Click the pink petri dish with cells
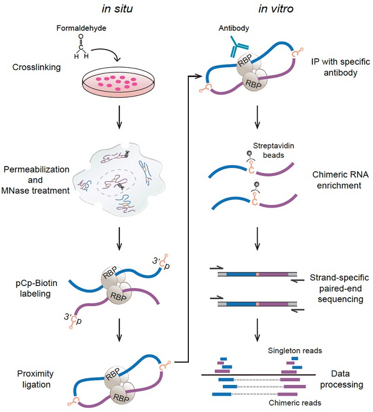coord(120,84)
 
